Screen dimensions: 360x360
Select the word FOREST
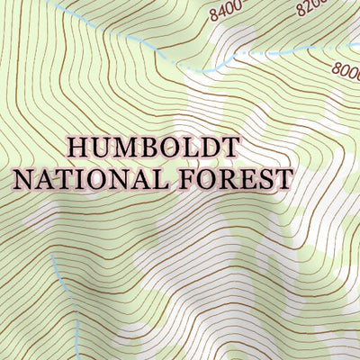235,178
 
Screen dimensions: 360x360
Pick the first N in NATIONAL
24,178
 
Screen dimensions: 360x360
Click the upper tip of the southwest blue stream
51,255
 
